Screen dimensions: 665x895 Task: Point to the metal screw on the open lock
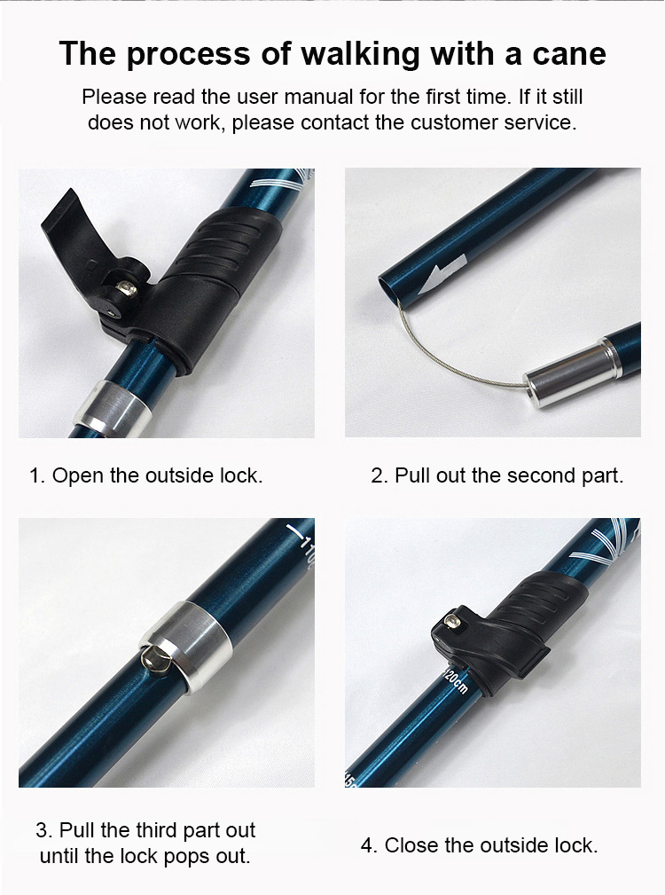[x=128, y=289]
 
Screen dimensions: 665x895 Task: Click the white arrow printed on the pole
[x=442, y=274]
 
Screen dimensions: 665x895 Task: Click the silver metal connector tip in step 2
[x=570, y=373]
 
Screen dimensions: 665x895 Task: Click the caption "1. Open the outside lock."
[x=146, y=475]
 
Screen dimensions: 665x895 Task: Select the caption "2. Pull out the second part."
[x=497, y=475]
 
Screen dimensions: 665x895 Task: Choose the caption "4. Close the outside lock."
[x=479, y=844]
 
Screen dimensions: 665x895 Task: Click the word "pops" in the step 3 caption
[x=184, y=856]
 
